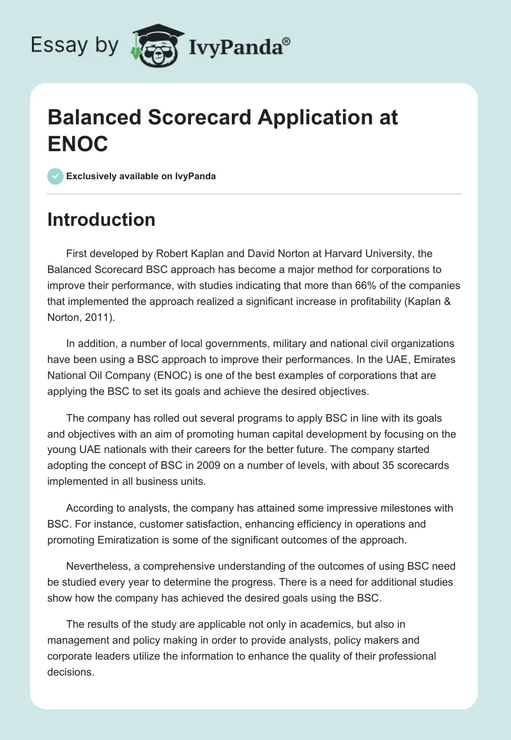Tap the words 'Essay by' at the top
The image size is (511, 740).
tap(75, 45)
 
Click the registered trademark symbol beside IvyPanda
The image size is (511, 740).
tap(286, 42)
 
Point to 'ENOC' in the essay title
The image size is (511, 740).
tap(78, 144)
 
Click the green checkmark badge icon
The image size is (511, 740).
tap(56, 176)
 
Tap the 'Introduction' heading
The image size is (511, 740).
tap(102, 219)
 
